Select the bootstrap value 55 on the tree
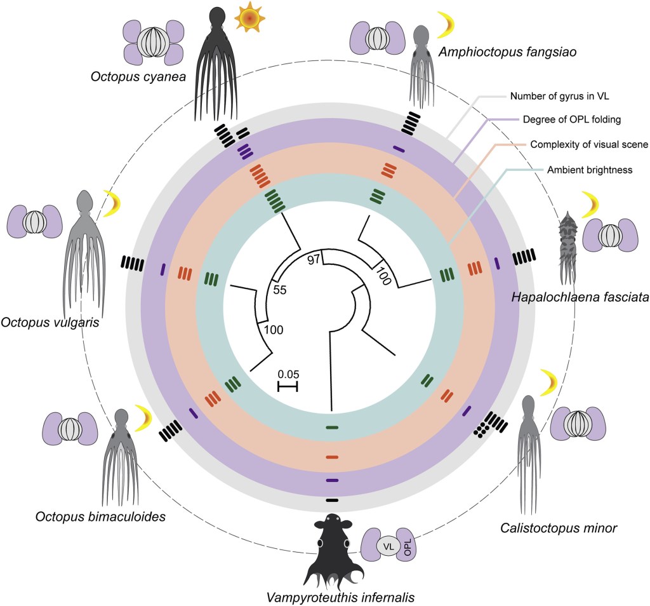[281, 290]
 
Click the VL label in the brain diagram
[387, 545]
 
